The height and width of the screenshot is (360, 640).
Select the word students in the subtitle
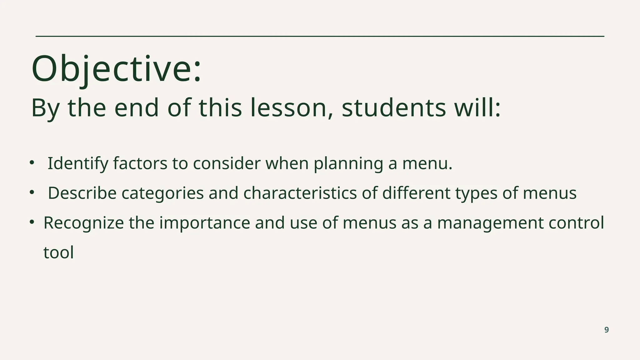click(x=394, y=108)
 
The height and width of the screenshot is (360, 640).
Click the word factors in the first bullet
click(x=140, y=163)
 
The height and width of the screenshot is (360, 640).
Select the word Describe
click(x=82, y=193)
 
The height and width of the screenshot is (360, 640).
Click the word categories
click(x=162, y=193)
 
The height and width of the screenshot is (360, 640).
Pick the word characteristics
click(x=300, y=193)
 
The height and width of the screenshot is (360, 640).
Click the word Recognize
click(x=83, y=223)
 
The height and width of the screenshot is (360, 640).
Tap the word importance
click(x=205, y=223)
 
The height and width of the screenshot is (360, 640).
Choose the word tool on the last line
click(x=58, y=252)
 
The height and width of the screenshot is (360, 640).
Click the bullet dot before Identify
click(x=31, y=162)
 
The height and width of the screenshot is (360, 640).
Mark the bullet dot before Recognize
click(x=31, y=222)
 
